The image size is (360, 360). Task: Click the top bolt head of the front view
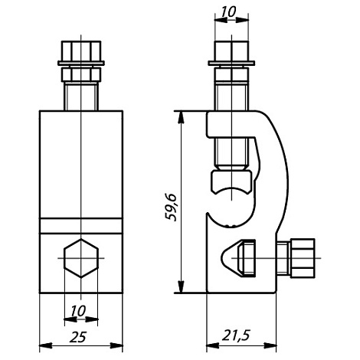tap(80, 54)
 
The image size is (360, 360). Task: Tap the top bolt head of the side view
tap(231, 54)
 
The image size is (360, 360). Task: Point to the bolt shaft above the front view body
tap(80, 97)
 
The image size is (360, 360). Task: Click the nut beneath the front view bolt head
tap(80, 74)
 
